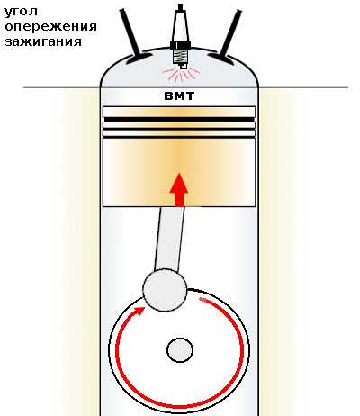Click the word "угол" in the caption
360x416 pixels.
coord(21,12)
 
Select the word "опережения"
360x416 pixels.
coord(51,27)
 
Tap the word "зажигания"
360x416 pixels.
coord(43,41)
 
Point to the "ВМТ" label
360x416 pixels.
coord(179,96)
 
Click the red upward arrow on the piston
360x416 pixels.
coord(179,190)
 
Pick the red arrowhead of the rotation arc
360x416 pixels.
coord(139,312)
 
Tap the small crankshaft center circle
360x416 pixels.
coord(180,350)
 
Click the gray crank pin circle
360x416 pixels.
coord(165,290)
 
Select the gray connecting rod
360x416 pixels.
coord(169,240)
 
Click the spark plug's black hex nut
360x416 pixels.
coord(180,45)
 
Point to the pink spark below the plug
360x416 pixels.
coord(180,74)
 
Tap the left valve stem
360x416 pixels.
coord(130,32)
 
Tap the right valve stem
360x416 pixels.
coord(230,32)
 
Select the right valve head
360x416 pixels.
coord(221,58)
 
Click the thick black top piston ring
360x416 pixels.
coord(179,120)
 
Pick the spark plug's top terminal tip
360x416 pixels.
coord(180,7)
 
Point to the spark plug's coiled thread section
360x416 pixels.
coord(180,57)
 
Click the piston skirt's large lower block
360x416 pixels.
coord(179,172)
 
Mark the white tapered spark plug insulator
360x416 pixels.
coord(180,26)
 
